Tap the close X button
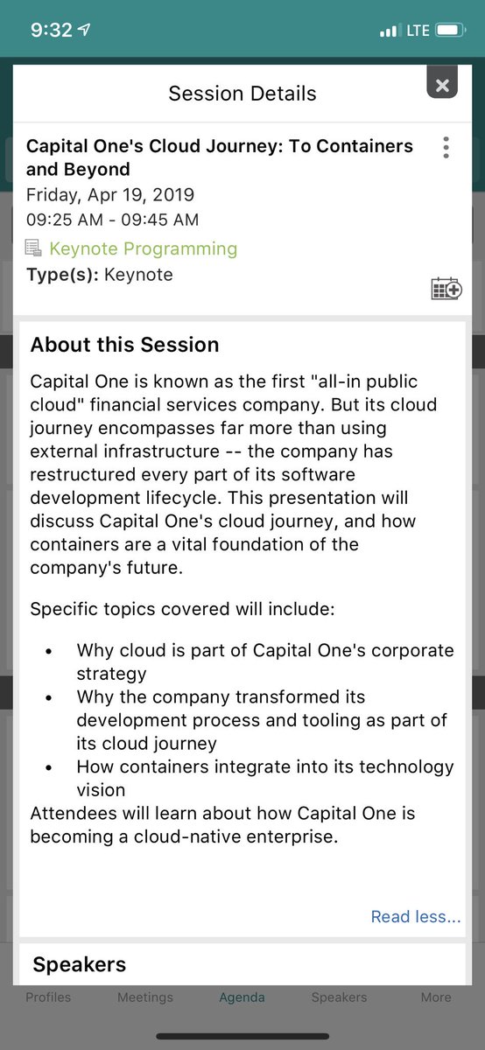click(442, 85)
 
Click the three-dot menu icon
click(446, 147)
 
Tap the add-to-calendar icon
click(446, 288)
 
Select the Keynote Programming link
click(143, 248)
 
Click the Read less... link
click(415, 917)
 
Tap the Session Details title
click(242, 94)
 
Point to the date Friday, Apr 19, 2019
click(110, 194)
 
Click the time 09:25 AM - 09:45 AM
click(112, 220)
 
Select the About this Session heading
click(124, 345)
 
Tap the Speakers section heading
click(80, 965)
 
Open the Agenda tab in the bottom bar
click(242, 997)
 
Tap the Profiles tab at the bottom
click(48, 997)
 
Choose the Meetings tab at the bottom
click(145, 997)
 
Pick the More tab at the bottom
click(436, 997)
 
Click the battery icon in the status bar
click(450, 30)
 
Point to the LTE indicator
click(417, 30)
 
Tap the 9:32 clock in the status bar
click(51, 30)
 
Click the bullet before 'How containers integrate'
click(48, 767)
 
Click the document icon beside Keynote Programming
click(33, 248)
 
